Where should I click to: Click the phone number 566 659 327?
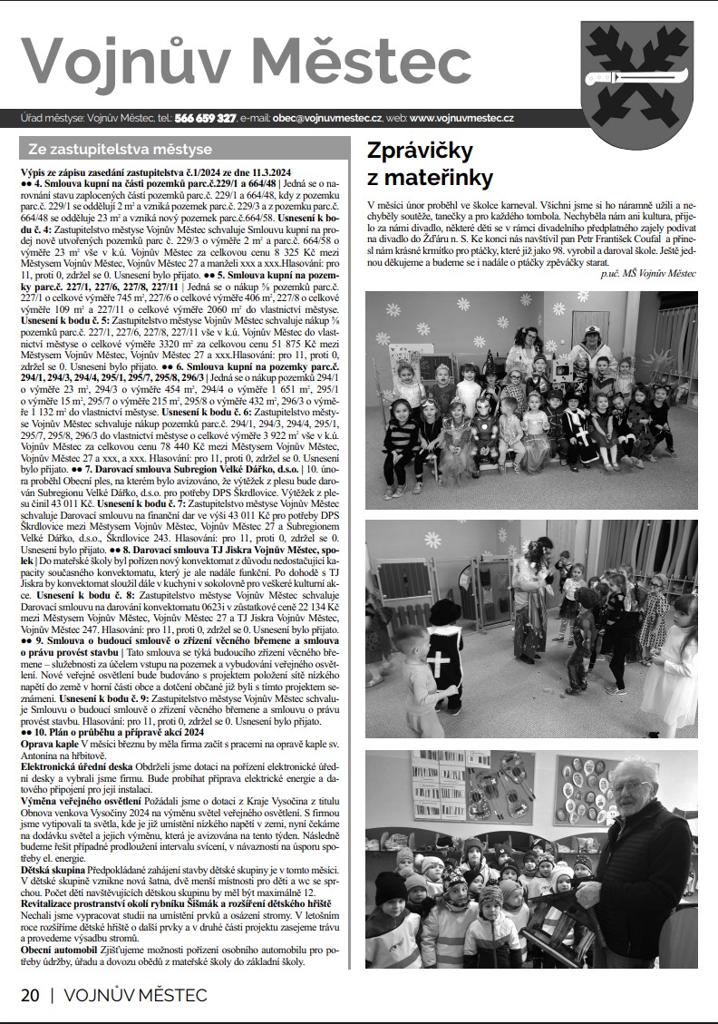[206, 119]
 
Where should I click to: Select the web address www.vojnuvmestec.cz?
[461, 119]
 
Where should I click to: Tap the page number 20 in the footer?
[30, 994]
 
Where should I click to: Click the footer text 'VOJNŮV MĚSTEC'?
[135, 994]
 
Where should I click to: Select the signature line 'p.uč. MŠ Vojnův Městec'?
[649, 272]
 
